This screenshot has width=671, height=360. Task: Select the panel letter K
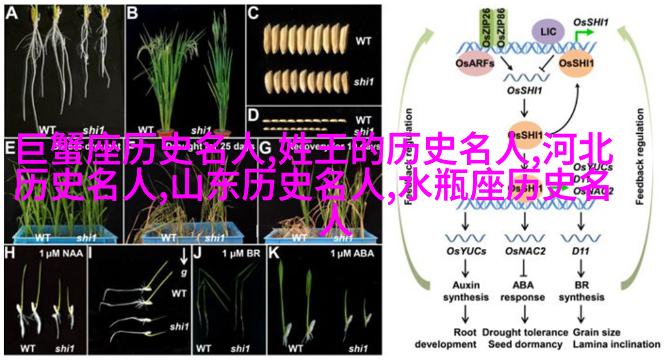[274, 253]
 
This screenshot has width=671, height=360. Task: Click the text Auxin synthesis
[466, 292]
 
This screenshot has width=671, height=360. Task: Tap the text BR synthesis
[581, 292]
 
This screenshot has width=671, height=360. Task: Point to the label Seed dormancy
[526, 344]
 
